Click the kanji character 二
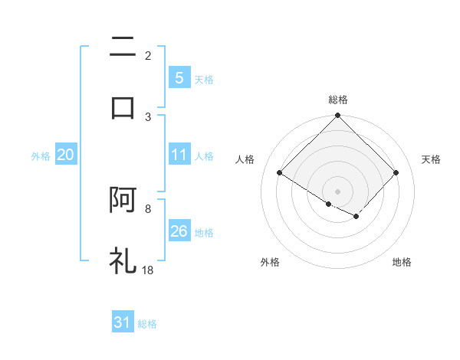tap(123, 47)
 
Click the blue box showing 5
tap(179, 78)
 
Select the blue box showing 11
tap(179, 155)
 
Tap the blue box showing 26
tap(179, 232)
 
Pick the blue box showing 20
tap(65, 155)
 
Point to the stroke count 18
tap(149, 270)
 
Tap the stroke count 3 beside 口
tap(148, 116)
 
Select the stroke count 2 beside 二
tap(148, 55)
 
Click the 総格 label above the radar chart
tap(338, 100)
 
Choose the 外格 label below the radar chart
tap(270, 262)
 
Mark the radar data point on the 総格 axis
tap(338, 116)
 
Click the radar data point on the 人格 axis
tap(280, 173)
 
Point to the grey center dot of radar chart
tap(338, 191)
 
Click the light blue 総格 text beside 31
tap(148, 324)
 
